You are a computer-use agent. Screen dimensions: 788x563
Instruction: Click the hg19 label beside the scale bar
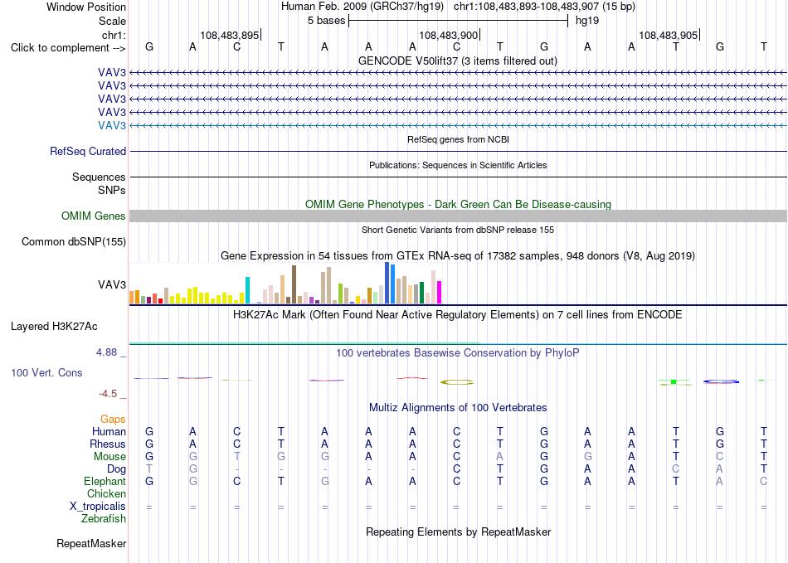pos(587,21)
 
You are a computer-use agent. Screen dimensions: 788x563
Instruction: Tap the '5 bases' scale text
pos(327,21)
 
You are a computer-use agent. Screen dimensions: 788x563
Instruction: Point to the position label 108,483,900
pos(448,35)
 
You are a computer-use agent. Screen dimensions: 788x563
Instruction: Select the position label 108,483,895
pos(229,35)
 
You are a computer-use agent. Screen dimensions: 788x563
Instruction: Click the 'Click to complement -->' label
pos(68,48)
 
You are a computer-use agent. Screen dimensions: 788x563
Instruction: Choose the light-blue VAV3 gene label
pos(112,125)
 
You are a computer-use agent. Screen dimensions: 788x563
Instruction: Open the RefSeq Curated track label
pos(88,151)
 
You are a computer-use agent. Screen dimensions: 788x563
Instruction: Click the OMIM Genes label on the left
pos(94,216)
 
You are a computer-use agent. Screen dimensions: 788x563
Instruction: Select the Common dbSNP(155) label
pos(74,241)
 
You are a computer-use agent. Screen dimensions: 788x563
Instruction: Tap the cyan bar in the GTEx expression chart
pos(247,290)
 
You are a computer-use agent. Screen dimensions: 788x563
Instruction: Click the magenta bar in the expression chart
pos(440,293)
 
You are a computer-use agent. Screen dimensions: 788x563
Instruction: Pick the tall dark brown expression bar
pos(294,284)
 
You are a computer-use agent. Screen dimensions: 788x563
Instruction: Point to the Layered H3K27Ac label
pos(54,327)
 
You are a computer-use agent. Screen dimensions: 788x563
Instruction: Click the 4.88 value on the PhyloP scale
pos(106,352)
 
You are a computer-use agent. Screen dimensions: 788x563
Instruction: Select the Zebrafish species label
pos(104,519)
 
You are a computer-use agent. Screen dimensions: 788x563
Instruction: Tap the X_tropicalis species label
pos(98,507)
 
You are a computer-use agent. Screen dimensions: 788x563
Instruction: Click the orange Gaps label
pos(113,419)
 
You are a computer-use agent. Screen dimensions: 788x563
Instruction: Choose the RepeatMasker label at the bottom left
pos(91,543)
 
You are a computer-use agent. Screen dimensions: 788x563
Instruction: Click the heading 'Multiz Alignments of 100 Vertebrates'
pos(458,407)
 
